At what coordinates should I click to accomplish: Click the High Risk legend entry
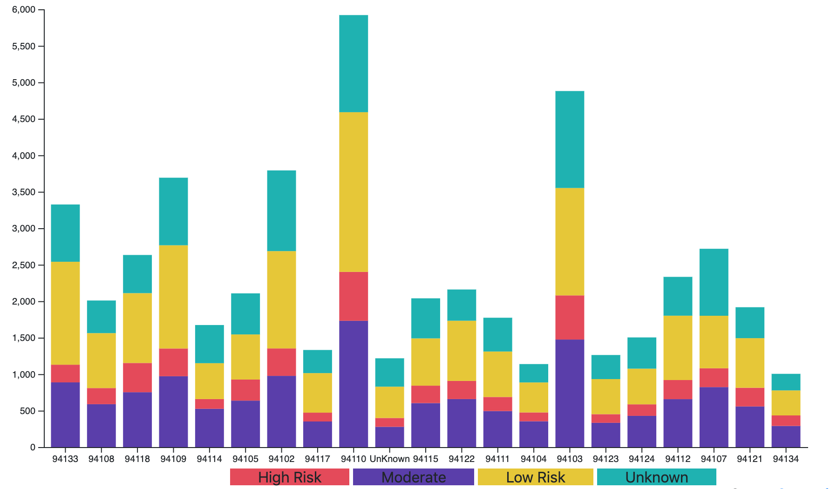point(289,477)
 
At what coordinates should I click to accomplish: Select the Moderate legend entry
point(413,477)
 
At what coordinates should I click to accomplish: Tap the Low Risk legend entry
point(535,477)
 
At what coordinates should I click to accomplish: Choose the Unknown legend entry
point(656,477)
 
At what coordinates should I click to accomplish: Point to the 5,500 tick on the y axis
point(24,46)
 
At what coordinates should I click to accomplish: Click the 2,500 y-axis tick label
point(24,265)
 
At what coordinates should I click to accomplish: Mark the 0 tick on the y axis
point(33,447)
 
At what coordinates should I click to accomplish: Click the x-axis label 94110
point(354,459)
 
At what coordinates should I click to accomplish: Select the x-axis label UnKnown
point(389,459)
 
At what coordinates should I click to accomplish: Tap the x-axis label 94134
point(786,459)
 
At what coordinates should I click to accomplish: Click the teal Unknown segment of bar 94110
point(354,64)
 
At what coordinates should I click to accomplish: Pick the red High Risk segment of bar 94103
point(570,317)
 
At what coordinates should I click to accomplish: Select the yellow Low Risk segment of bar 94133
point(65,313)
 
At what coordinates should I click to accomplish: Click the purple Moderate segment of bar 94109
point(173,411)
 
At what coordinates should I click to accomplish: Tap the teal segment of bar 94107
point(714,282)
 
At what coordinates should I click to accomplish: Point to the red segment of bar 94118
point(137,378)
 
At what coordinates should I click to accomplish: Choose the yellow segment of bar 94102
point(281,299)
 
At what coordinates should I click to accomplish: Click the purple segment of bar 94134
point(786,436)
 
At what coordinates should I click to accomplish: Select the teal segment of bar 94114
point(209,344)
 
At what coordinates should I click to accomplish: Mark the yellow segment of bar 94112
point(678,348)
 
